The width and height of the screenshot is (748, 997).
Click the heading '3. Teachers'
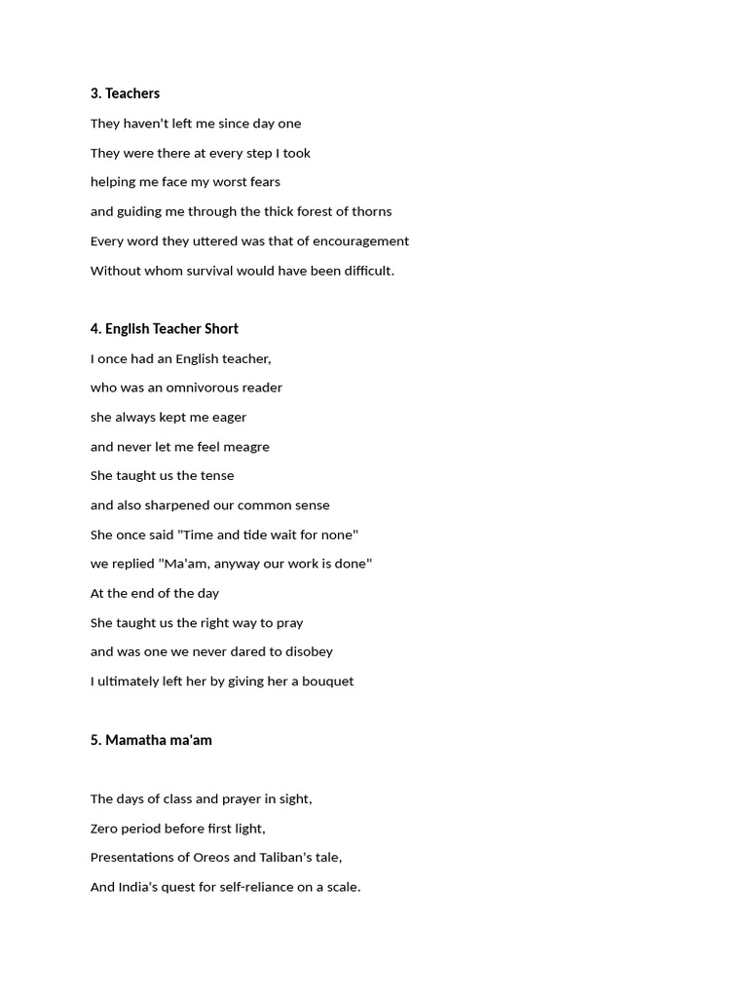click(x=125, y=93)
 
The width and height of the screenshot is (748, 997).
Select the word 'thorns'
click(x=370, y=211)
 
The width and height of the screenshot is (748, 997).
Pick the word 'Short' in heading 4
click(x=221, y=329)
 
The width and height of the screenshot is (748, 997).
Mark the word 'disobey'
click(x=309, y=651)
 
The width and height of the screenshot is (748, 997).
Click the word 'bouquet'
click(x=326, y=682)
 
